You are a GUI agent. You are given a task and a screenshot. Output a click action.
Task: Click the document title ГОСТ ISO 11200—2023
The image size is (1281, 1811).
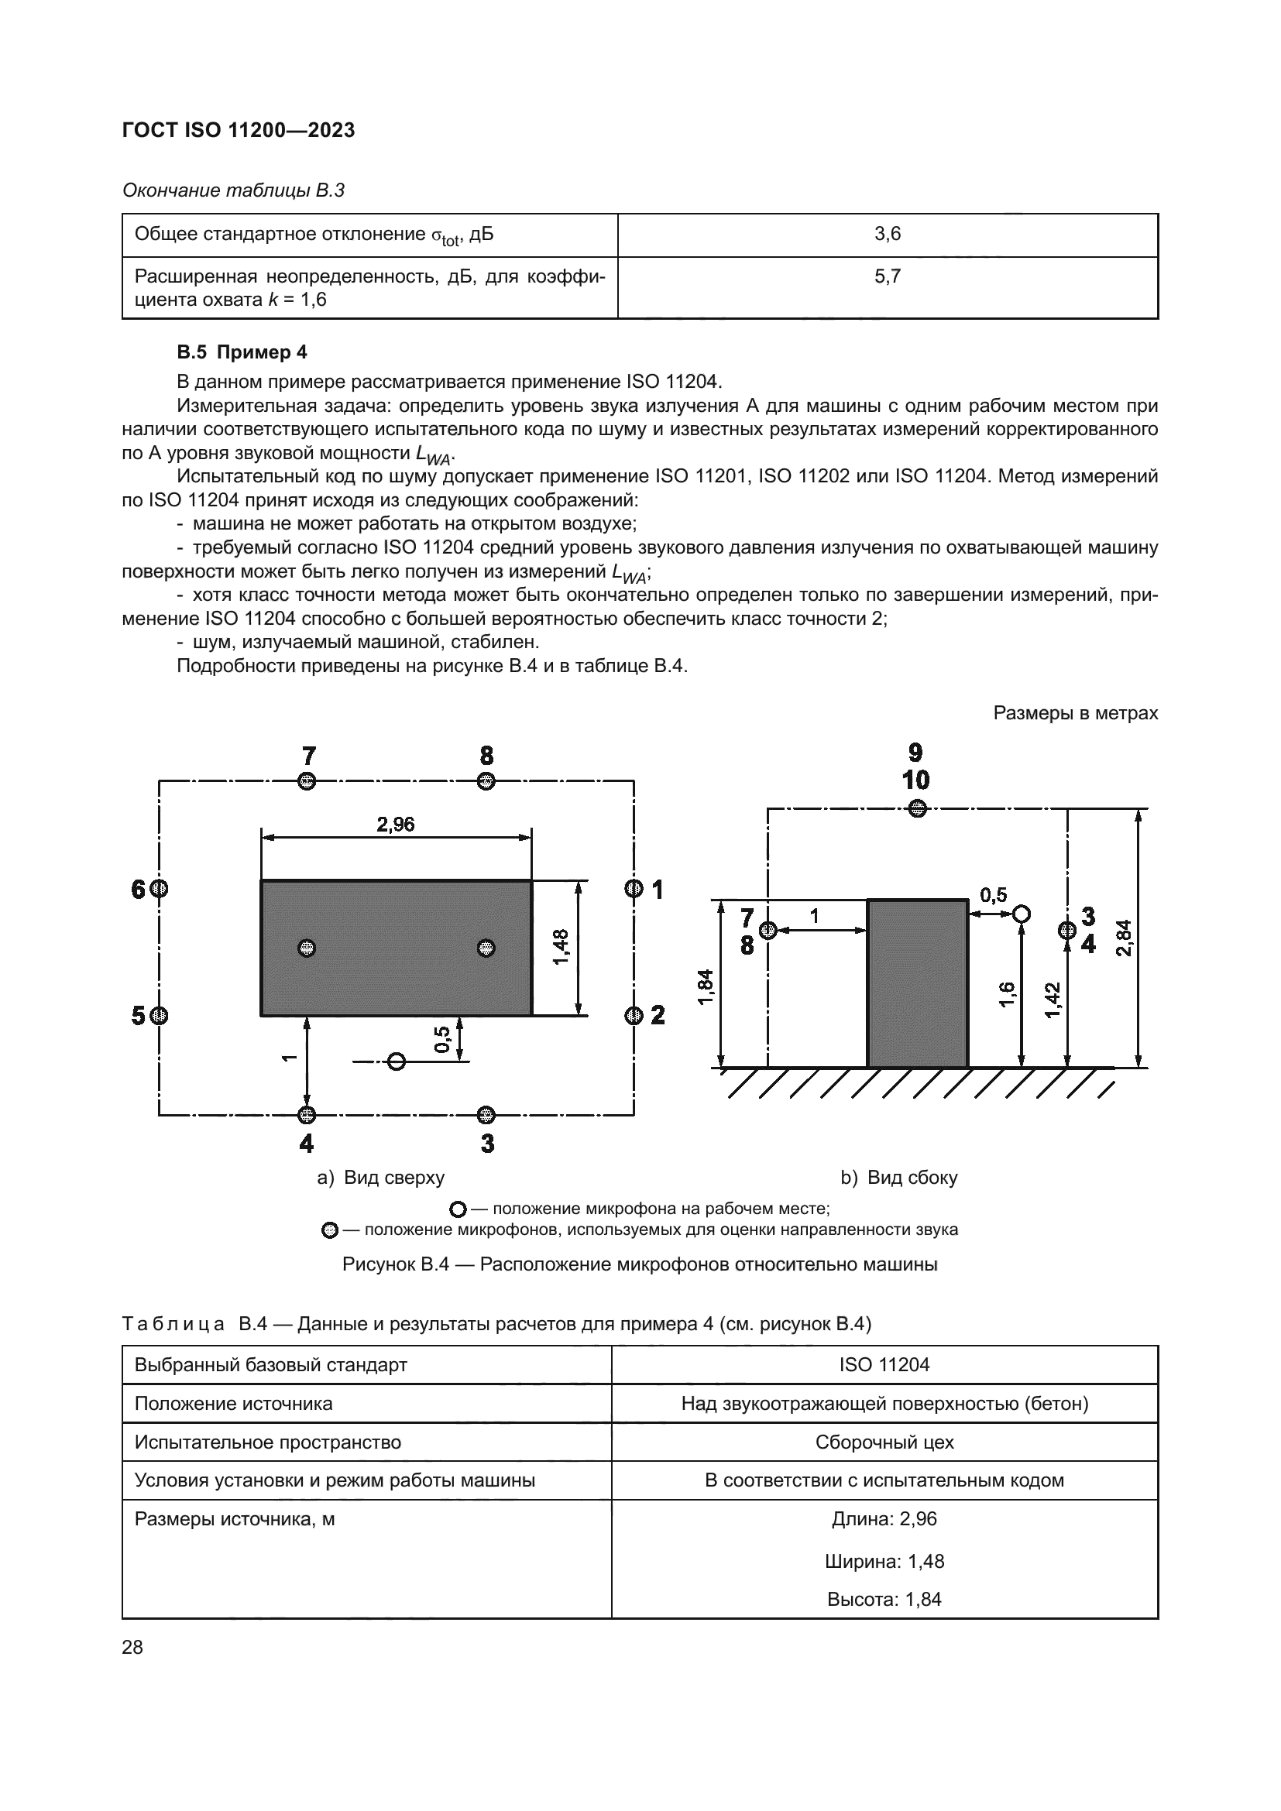239,130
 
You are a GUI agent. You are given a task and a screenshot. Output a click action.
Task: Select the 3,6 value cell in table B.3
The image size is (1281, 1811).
887,235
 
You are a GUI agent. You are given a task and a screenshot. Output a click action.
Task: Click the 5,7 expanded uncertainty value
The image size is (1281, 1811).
887,277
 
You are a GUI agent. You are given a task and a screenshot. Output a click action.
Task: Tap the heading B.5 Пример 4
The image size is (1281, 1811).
242,352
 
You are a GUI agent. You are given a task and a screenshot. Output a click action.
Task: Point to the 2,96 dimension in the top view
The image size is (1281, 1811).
395,825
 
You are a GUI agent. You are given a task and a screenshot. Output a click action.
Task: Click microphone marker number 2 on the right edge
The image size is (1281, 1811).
634,1015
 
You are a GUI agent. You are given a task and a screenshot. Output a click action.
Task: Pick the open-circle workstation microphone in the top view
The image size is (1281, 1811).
397,1062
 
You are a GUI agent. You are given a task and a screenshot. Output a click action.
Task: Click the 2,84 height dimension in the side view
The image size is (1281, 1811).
1123,938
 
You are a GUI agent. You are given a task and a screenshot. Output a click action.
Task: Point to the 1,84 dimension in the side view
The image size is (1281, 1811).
706,986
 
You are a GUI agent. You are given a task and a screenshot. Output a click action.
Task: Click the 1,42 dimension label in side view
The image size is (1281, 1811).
1053,1000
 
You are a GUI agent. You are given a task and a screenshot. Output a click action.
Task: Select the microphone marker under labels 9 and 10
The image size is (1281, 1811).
915,808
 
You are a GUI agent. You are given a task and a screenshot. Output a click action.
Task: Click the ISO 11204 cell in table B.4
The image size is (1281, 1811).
884,1364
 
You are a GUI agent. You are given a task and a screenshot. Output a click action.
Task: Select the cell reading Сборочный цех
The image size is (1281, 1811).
884,1442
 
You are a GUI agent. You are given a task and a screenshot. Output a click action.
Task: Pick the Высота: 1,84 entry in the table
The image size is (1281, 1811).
884,1599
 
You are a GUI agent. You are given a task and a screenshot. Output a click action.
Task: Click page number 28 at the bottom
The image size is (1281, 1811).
132,1647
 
